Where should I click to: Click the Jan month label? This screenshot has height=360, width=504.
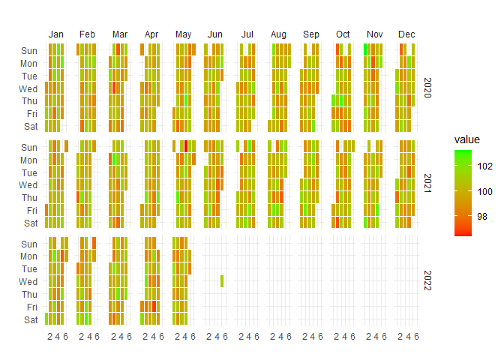(x=55, y=34)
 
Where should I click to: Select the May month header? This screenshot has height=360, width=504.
(x=183, y=34)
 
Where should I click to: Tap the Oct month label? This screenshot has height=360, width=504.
(x=343, y=34)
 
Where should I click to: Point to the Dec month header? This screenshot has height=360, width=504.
(x=406, y=34)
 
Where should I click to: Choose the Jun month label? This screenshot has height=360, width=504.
(x=214, y=34)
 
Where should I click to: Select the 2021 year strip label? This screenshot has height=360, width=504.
(x=427, y=184)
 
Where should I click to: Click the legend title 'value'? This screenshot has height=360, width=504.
(x=468, y=140)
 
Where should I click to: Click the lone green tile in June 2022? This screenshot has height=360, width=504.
(x=222, y=281)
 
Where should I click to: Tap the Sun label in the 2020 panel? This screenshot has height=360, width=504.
(x=28, y=50)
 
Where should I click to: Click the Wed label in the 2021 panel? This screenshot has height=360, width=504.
(x=28, y=184)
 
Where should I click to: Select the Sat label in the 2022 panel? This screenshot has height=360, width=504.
(x=29, y=320)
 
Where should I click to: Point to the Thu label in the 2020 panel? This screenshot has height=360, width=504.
(x=28, y=100)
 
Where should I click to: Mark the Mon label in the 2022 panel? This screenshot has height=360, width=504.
(x=28, y=256)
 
